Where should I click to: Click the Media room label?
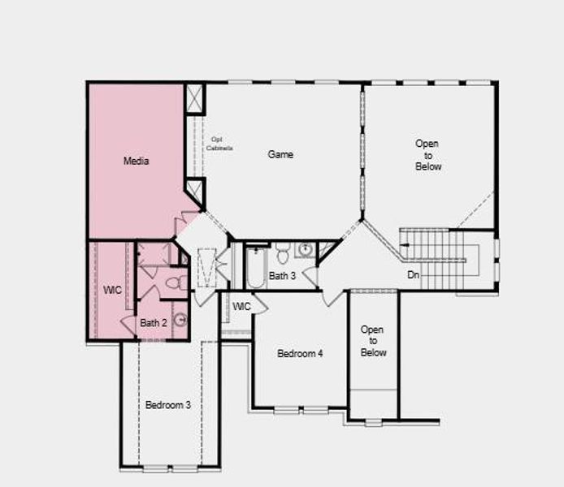136,161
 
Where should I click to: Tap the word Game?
280,154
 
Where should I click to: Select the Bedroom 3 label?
168,404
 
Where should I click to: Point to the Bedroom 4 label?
300,353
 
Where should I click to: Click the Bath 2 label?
153,322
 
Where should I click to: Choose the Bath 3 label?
282,276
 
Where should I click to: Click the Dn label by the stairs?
413,275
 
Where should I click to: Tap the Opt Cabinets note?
219,144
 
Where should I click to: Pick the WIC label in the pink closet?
111,289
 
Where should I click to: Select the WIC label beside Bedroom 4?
241,306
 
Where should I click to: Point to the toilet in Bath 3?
283,255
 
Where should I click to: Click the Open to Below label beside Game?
427,155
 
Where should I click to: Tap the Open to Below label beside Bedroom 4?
372,341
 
